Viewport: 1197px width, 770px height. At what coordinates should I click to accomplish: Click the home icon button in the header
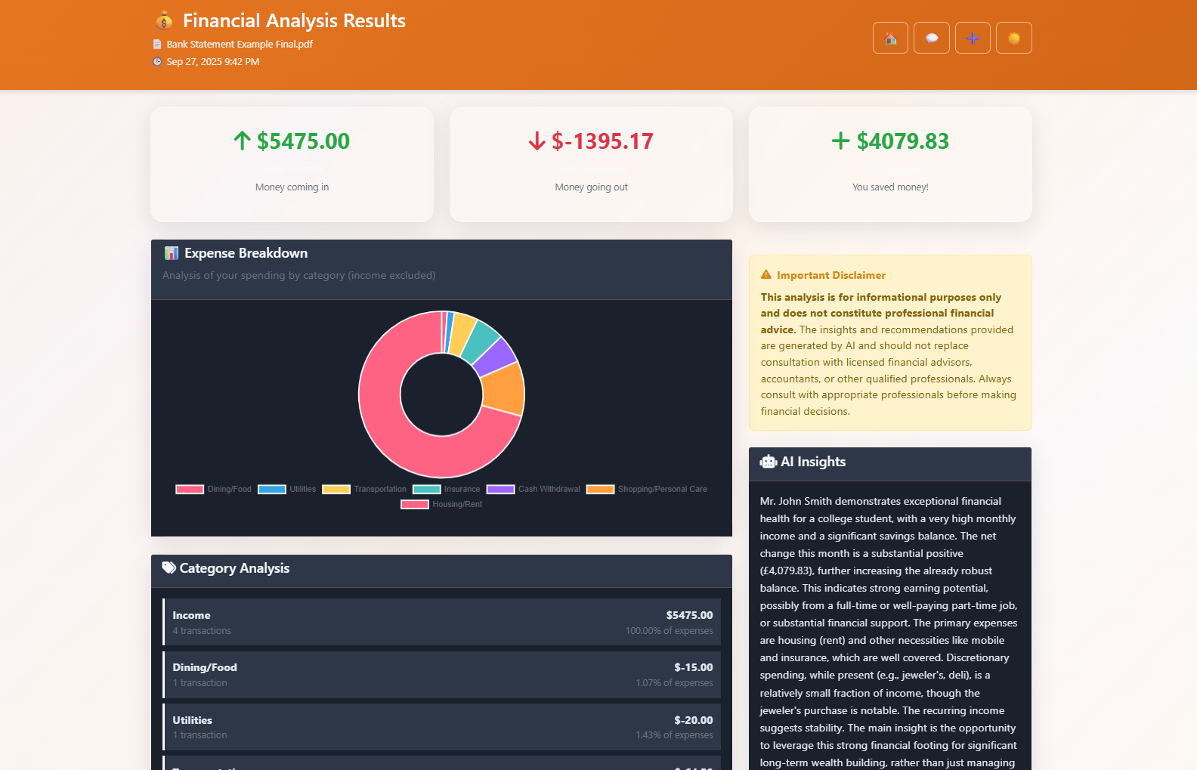click(x=890, y=39)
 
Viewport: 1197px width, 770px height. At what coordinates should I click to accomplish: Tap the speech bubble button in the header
click(x=932, y=39)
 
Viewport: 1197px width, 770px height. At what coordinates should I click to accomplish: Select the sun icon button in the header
click(x=1014, y=39)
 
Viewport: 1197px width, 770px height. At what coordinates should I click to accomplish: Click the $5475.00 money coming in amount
click(x=302, y=141)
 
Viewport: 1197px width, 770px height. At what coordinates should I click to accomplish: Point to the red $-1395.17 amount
click(x=602, y=141)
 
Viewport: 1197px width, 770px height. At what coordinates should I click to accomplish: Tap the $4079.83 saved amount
click(x=902, y=141)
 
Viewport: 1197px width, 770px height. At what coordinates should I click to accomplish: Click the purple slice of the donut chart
click(x=496, y=356)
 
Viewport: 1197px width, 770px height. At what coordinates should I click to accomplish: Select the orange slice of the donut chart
click(x=503, y=388)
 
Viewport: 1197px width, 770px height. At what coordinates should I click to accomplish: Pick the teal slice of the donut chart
click(x=481, y=339)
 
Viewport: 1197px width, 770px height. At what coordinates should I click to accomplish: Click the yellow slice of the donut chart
click(x=462, y=332)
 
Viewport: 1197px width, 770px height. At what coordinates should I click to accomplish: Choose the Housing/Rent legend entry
click(x=442, y=504)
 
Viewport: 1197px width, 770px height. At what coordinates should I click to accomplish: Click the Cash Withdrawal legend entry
click(x=534, y=489)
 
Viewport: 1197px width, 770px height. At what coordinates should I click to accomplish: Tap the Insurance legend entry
click(x=447, y=489)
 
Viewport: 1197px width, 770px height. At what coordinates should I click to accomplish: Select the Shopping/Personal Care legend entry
click(x=648, y=489)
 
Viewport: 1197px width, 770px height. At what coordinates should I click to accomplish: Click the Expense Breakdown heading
click(x=246, y=253)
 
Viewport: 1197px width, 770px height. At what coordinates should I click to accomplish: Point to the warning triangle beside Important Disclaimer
click(x=766, y=275)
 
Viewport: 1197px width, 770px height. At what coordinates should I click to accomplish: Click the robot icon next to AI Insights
click(x=769, y=462)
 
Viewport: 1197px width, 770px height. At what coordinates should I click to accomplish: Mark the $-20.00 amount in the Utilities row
click(x=693, y=720)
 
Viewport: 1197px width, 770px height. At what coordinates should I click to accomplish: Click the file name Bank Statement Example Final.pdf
click(x=240, y=45)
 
